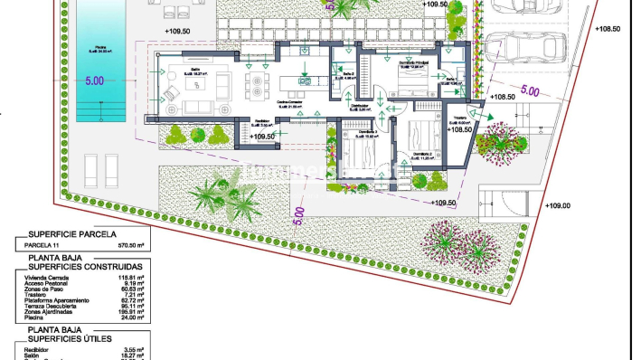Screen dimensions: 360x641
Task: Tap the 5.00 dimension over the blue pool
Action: tap(94, 81)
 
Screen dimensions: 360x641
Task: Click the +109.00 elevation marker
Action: tap(558, 205)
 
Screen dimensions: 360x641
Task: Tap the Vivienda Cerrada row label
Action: tap(51, 278)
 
